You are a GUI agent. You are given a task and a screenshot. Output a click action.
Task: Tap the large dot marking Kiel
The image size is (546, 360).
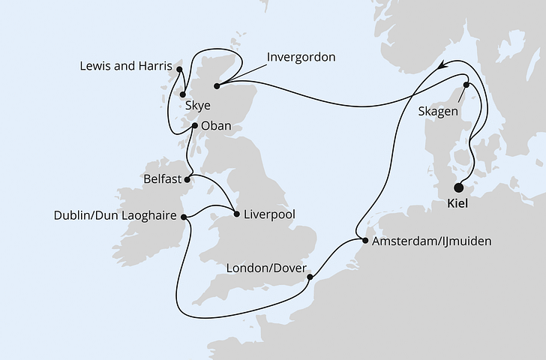tap(459, 189)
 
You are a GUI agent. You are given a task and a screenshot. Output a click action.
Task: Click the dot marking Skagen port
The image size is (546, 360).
tap(466, 85)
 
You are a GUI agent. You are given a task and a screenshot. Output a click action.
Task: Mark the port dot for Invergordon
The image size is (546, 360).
tap(217, 86)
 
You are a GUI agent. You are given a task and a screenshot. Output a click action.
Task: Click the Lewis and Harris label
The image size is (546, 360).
tap(125, 67)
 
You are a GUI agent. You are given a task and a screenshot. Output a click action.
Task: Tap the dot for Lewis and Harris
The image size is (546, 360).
tap(179, 69)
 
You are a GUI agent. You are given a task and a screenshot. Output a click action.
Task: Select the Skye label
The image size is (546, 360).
tap(198, 107)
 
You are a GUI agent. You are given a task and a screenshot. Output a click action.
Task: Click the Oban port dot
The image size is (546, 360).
tap(194, 126)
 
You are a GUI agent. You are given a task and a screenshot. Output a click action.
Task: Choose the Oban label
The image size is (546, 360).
tap(217, 127)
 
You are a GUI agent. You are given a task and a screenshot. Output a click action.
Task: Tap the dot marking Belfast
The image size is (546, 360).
tap(187, 179)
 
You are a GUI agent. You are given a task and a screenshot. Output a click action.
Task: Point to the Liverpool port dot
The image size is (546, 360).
tap(238, 214)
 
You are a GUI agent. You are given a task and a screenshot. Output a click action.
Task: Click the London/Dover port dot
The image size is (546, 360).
tap(310, 278)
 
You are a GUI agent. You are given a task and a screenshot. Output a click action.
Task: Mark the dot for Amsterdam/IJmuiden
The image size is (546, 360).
tap(365, 241)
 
